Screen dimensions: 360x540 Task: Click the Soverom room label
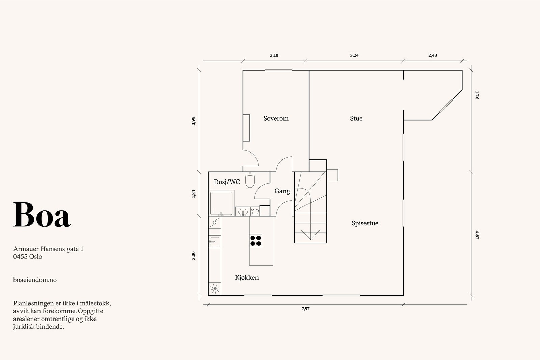[276, 118]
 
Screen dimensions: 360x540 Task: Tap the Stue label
[356, 118]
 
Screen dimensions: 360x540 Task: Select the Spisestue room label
[365, 223]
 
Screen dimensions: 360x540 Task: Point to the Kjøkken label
[247, 278]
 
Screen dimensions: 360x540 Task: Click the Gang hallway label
[282, 191]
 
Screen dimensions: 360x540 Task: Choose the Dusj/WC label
[227, 182]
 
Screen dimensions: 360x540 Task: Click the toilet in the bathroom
[250, 180]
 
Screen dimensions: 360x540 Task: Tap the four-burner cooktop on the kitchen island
[256, 240]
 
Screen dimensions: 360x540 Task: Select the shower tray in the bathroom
[221, 203]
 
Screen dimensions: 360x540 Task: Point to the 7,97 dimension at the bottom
[305, 309]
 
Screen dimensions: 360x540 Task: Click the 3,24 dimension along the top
[354, 55]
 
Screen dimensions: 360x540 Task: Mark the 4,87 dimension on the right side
[477, 234]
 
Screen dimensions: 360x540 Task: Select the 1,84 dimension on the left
[193, 194]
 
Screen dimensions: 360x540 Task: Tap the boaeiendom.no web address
[35, 280]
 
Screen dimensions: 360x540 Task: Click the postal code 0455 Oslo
[28, 257]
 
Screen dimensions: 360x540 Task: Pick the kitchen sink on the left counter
[214, 242]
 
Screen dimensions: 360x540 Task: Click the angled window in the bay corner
[446, 106]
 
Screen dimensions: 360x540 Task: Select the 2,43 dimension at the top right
[433, 55]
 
